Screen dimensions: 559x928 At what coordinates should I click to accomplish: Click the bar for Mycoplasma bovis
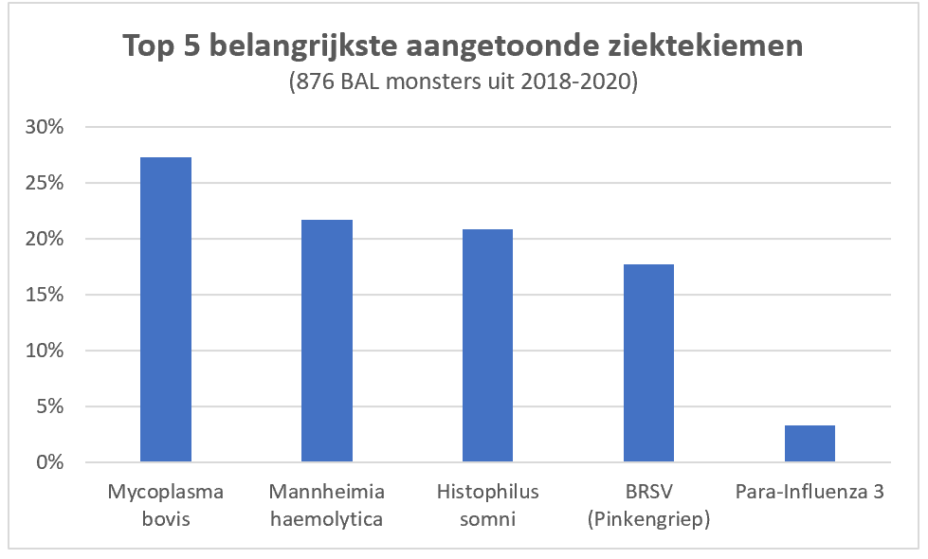coord(165,310)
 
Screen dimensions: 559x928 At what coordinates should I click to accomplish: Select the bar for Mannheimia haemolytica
coord(326,341)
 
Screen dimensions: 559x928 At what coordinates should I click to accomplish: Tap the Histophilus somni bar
coord(487,346)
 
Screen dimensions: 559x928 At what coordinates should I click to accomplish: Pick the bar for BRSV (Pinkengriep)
coord(648,363)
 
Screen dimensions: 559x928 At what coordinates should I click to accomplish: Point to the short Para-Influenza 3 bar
coord(810,443)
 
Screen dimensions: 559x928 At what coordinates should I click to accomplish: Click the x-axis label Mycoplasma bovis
coord(165,505)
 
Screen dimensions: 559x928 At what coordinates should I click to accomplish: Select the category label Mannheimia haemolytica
coord(326,505)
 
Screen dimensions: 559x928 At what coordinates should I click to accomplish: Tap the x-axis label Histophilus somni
coord(487,505)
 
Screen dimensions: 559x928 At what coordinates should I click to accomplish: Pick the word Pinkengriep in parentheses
coord(648,518)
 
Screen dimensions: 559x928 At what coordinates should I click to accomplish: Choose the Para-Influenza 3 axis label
coord(810,492)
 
